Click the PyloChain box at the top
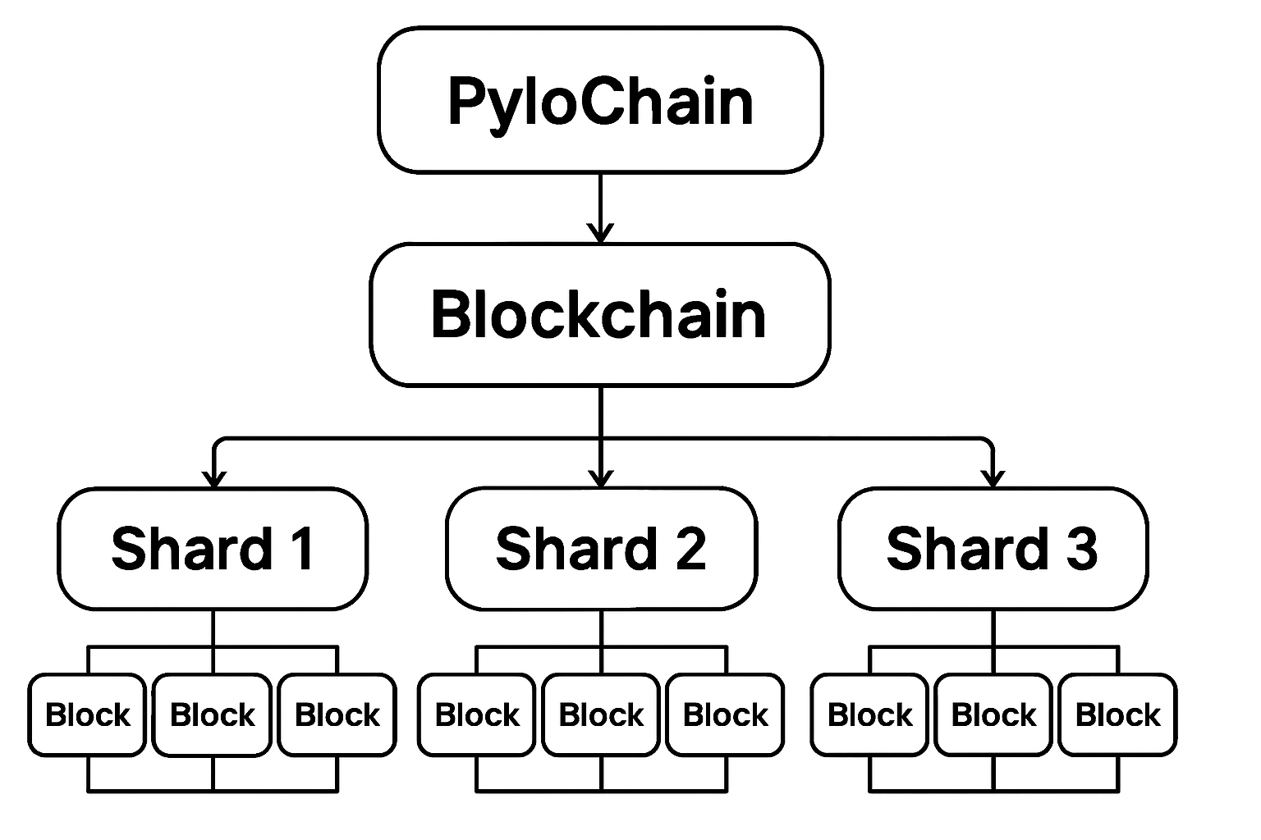click(x=600, y=100)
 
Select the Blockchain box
click(x=600, y=314)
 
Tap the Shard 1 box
click(x=213, y=549)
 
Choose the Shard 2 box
click(x=601, y=549)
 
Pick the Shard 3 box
click(x=993, y=549)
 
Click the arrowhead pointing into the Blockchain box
click(x=601, y=233)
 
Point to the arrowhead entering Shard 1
click(x=213, y=478)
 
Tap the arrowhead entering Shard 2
click(x=602, y=478)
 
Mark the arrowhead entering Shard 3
click(x=993, y=478)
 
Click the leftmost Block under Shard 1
click(x=87, y=714)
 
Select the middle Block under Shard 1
click(x=212, y=714)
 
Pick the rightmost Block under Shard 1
click(x=337, y=714)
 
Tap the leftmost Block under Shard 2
click(x=477, y=714)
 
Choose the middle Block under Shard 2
click(x=601, y=714)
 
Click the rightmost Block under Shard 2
click(x=725, y=714)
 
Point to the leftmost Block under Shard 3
click(x=869, y=714)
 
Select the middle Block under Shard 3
click(x=993, y=714)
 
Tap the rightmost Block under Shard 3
click(x=1117, y=714)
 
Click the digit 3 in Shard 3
click(x=1081, y=549)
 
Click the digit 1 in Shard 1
click(x=302, y=549)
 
